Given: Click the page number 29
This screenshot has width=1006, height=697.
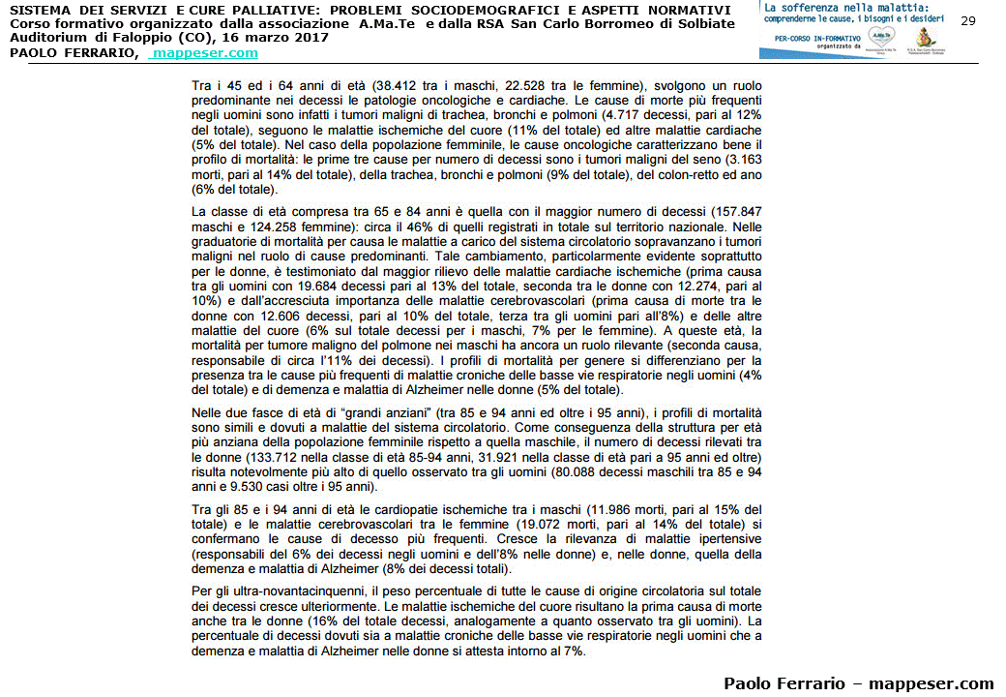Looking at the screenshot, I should (x=968, y=20).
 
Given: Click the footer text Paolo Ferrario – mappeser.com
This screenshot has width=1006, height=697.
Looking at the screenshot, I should (x=858, y=682).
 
